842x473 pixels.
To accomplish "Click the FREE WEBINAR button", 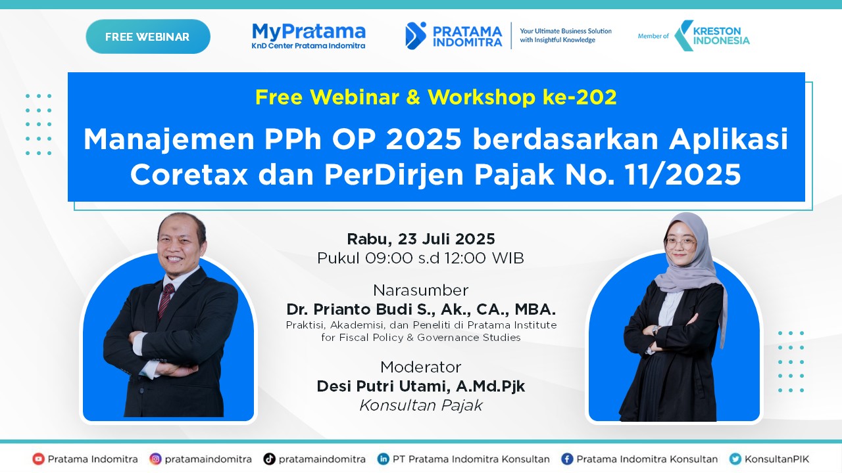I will [147, 37].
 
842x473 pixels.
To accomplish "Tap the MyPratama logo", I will [309, 35].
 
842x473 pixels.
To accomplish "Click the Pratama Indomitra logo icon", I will [416, 35].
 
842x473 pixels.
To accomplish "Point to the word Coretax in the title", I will [189, 175].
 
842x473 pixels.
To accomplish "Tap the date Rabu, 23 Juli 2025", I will [421, 238].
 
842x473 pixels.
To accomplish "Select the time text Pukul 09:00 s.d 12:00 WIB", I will [421, 258].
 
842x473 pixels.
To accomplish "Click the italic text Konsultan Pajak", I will [421, 405].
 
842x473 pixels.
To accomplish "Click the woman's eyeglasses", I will [680, 242].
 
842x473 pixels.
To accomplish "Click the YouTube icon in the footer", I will [39, 459].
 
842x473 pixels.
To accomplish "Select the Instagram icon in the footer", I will [155, 459].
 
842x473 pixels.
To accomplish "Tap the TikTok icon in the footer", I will [269, 459].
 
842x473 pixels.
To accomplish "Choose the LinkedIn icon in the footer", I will [383, 459].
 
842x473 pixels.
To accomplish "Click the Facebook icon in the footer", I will [566, 459].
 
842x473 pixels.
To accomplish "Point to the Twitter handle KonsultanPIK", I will [777, 459].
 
